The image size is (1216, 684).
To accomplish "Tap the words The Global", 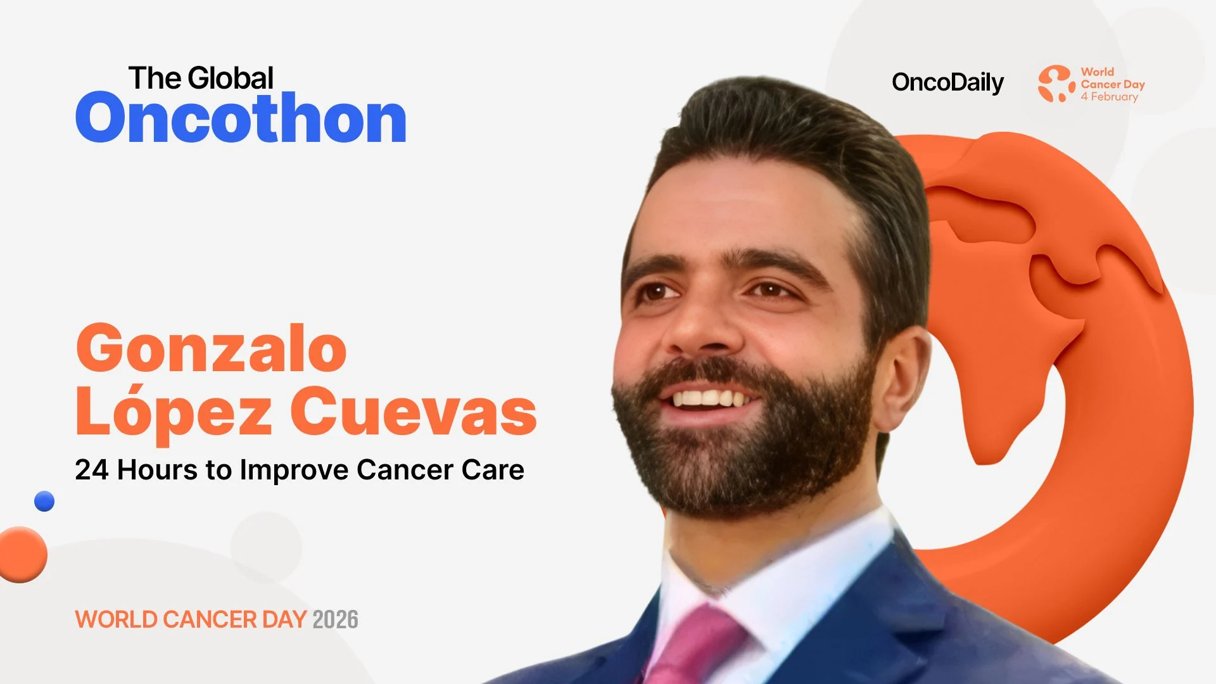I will [x=201, y=79].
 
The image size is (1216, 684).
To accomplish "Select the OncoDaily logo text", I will [x=947, y=82].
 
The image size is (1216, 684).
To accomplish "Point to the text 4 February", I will [x=1109, y=97].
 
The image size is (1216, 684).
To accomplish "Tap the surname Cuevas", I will [x=413, y=412].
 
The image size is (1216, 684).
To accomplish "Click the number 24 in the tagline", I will [x=91, y=470].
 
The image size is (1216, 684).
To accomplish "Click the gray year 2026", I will [x=335, y=619].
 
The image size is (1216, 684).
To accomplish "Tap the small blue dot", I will [x=44, y=501].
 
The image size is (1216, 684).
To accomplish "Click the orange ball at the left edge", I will [x=22, y=554].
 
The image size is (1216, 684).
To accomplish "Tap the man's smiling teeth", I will [x=709, y=398].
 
